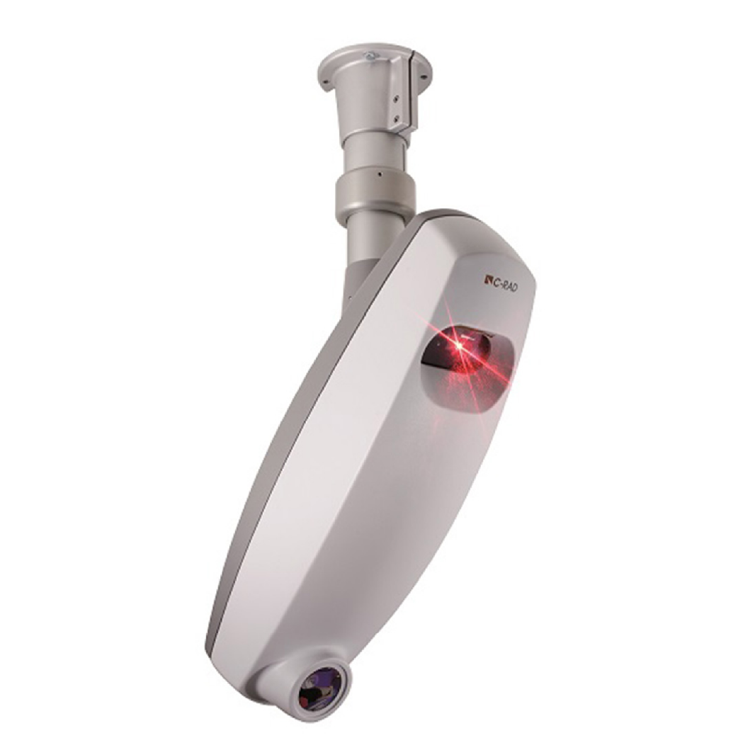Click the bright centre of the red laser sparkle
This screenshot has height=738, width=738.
(x=457, y=347)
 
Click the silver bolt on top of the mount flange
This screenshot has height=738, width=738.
(x=372, y=55)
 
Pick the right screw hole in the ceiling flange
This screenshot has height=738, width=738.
(x=426, y=74)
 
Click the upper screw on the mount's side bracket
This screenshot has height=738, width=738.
(x=397, y=99)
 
